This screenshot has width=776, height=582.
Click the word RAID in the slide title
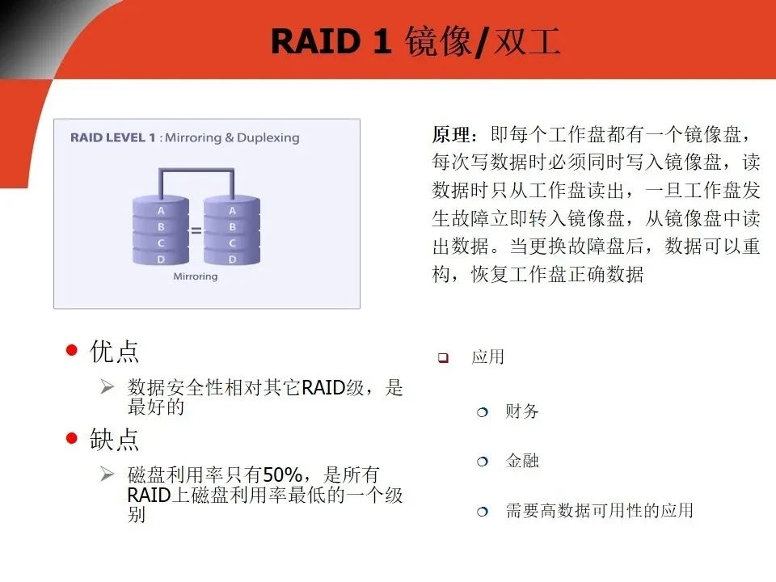(316, 41)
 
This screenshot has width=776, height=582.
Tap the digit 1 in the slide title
(382, 41)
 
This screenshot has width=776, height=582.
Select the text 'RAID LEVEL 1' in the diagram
(113, 137)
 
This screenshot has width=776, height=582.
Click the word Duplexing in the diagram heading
(268, 138)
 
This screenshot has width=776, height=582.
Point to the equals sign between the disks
(196, 230)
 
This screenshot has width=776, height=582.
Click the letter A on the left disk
(161, 211)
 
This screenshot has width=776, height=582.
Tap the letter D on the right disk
(232, 259)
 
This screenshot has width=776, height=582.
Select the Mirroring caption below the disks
(196, 276)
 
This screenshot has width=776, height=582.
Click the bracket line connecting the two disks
(196, 171)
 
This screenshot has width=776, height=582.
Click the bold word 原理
(451, 134)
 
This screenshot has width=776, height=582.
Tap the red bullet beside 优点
(72, 350)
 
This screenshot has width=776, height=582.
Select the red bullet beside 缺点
(72, 438)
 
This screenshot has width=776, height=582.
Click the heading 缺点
(114, 439)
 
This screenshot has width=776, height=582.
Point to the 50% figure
(283, 475)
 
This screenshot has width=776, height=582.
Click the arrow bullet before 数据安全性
(107, 386)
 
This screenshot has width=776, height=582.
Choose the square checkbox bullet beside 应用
(443, 357)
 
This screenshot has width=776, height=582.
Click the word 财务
(521, 411)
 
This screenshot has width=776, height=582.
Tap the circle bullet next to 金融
(482, 462)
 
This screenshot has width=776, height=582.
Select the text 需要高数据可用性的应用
(599, 510)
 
